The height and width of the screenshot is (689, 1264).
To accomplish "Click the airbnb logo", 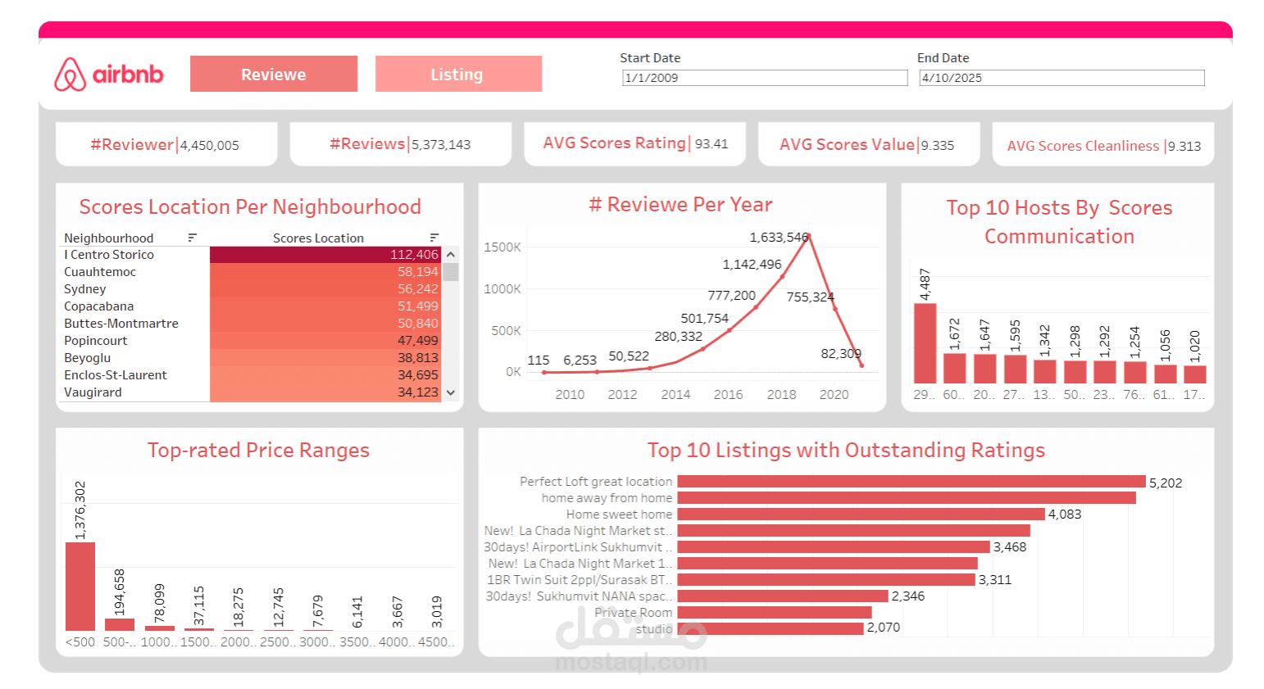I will pos(109,75).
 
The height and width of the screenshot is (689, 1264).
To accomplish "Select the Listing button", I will pos(458,75).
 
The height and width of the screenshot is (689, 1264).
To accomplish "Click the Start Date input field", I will pos(764,78).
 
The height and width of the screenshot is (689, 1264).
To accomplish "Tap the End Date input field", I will pos(1062,78).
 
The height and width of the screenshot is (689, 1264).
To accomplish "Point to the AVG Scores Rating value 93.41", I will pos(712,144).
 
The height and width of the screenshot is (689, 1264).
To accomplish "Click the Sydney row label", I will pos(85,289).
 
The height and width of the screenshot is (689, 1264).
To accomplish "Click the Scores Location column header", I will pos(318,238).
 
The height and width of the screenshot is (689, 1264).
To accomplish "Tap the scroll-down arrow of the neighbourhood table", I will pos(451,392).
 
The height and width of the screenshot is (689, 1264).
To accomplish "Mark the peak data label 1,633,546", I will pos(779,238).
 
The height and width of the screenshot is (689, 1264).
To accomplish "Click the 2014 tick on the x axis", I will pos(675,395).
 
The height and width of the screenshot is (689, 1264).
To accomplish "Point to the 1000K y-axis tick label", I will pos(502,289).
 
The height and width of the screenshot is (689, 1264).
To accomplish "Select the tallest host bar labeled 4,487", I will pos(925,343).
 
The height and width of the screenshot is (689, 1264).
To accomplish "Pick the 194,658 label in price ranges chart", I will pos(120,592).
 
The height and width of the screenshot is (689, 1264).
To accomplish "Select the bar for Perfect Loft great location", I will pos(911,482).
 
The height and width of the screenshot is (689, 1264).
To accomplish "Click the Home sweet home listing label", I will pos(619,514).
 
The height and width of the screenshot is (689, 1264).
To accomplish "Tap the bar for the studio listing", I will pos(771,628).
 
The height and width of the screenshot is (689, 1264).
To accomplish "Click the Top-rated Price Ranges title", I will pos(258,451).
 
